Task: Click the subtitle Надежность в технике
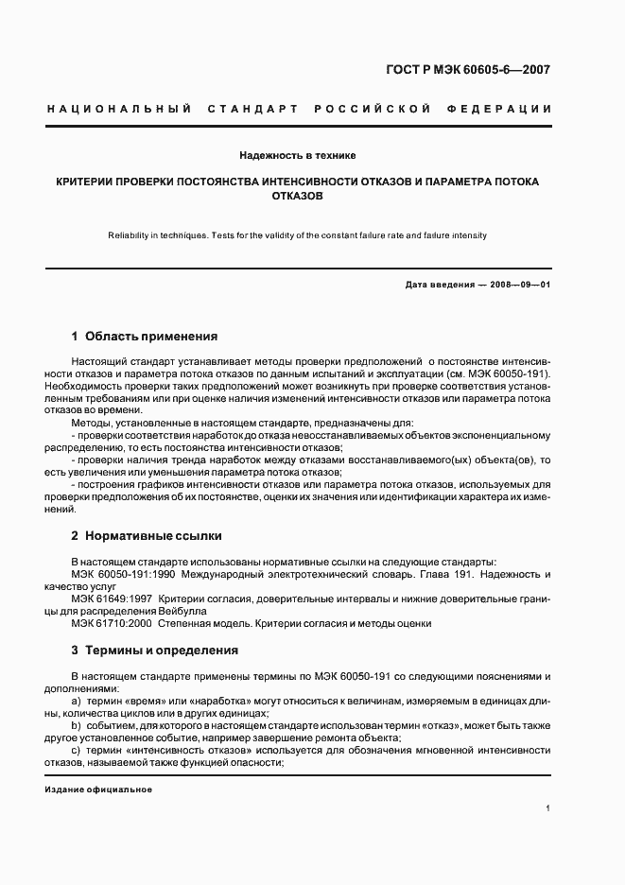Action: (297, 154)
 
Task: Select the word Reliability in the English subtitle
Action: (133, 235)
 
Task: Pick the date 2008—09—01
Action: (518, 285)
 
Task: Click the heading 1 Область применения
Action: (145, 337)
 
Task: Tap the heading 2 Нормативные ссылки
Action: (147, 536)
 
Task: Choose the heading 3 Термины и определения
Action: (155, 651)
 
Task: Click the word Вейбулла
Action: (200, 611)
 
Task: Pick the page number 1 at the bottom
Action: (548, 808)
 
